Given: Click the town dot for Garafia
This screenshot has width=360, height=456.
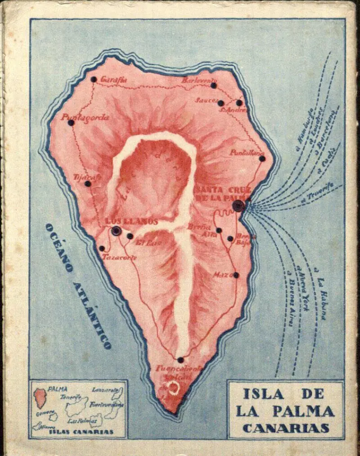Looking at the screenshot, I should click(x=94, y=79).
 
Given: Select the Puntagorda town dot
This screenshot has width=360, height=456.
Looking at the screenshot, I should click(x=71, y=122).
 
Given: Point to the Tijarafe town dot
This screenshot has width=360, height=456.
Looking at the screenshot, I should click(x=88, y=184).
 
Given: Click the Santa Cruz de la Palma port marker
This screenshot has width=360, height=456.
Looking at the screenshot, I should click(x=238, y=206).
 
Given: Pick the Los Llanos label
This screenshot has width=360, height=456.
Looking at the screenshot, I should click(x=131, y=221).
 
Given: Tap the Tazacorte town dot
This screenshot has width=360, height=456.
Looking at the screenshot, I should click(x=102, y=248).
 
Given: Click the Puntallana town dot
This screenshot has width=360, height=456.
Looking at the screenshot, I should click(x=262, y=158).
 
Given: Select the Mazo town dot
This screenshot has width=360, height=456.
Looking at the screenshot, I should click(x=236, y=275).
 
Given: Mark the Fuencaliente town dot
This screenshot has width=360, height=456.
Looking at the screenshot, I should click(x=180, y=360).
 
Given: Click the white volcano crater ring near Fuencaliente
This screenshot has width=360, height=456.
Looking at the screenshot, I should click(x=173, y=388).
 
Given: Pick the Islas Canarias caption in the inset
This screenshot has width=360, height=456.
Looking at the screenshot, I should click(x=79, y=432).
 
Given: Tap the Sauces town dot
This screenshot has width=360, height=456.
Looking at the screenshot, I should click(x=220, y=103).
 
